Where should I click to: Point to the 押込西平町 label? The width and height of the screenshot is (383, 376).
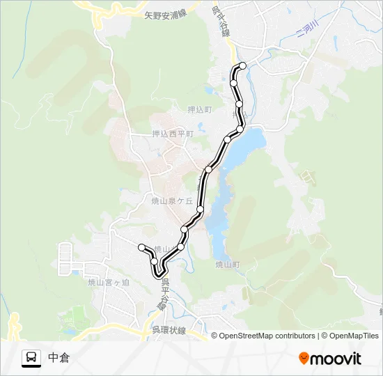click(x=173, y=134)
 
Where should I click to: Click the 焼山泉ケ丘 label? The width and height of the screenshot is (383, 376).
click(x=171, y=201)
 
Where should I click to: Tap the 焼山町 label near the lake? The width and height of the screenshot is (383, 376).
click(x=227, y=265)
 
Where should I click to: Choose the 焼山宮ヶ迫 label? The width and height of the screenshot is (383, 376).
click(x=109, y=282)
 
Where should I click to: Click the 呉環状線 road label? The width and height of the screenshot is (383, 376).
click(x=169, y=331)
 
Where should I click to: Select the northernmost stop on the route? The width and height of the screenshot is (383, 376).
click(x=243, y=65)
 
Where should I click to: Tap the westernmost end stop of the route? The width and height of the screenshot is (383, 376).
click(x=141, y=246)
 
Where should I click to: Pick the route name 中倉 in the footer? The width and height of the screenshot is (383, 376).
click(x=59, y=358)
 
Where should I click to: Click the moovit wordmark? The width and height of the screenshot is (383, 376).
click(x=336, y=359)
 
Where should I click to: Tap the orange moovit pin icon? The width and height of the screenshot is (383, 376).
click(x=304, y=359)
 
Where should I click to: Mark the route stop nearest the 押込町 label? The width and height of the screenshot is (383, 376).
click(x=239, y=104)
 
